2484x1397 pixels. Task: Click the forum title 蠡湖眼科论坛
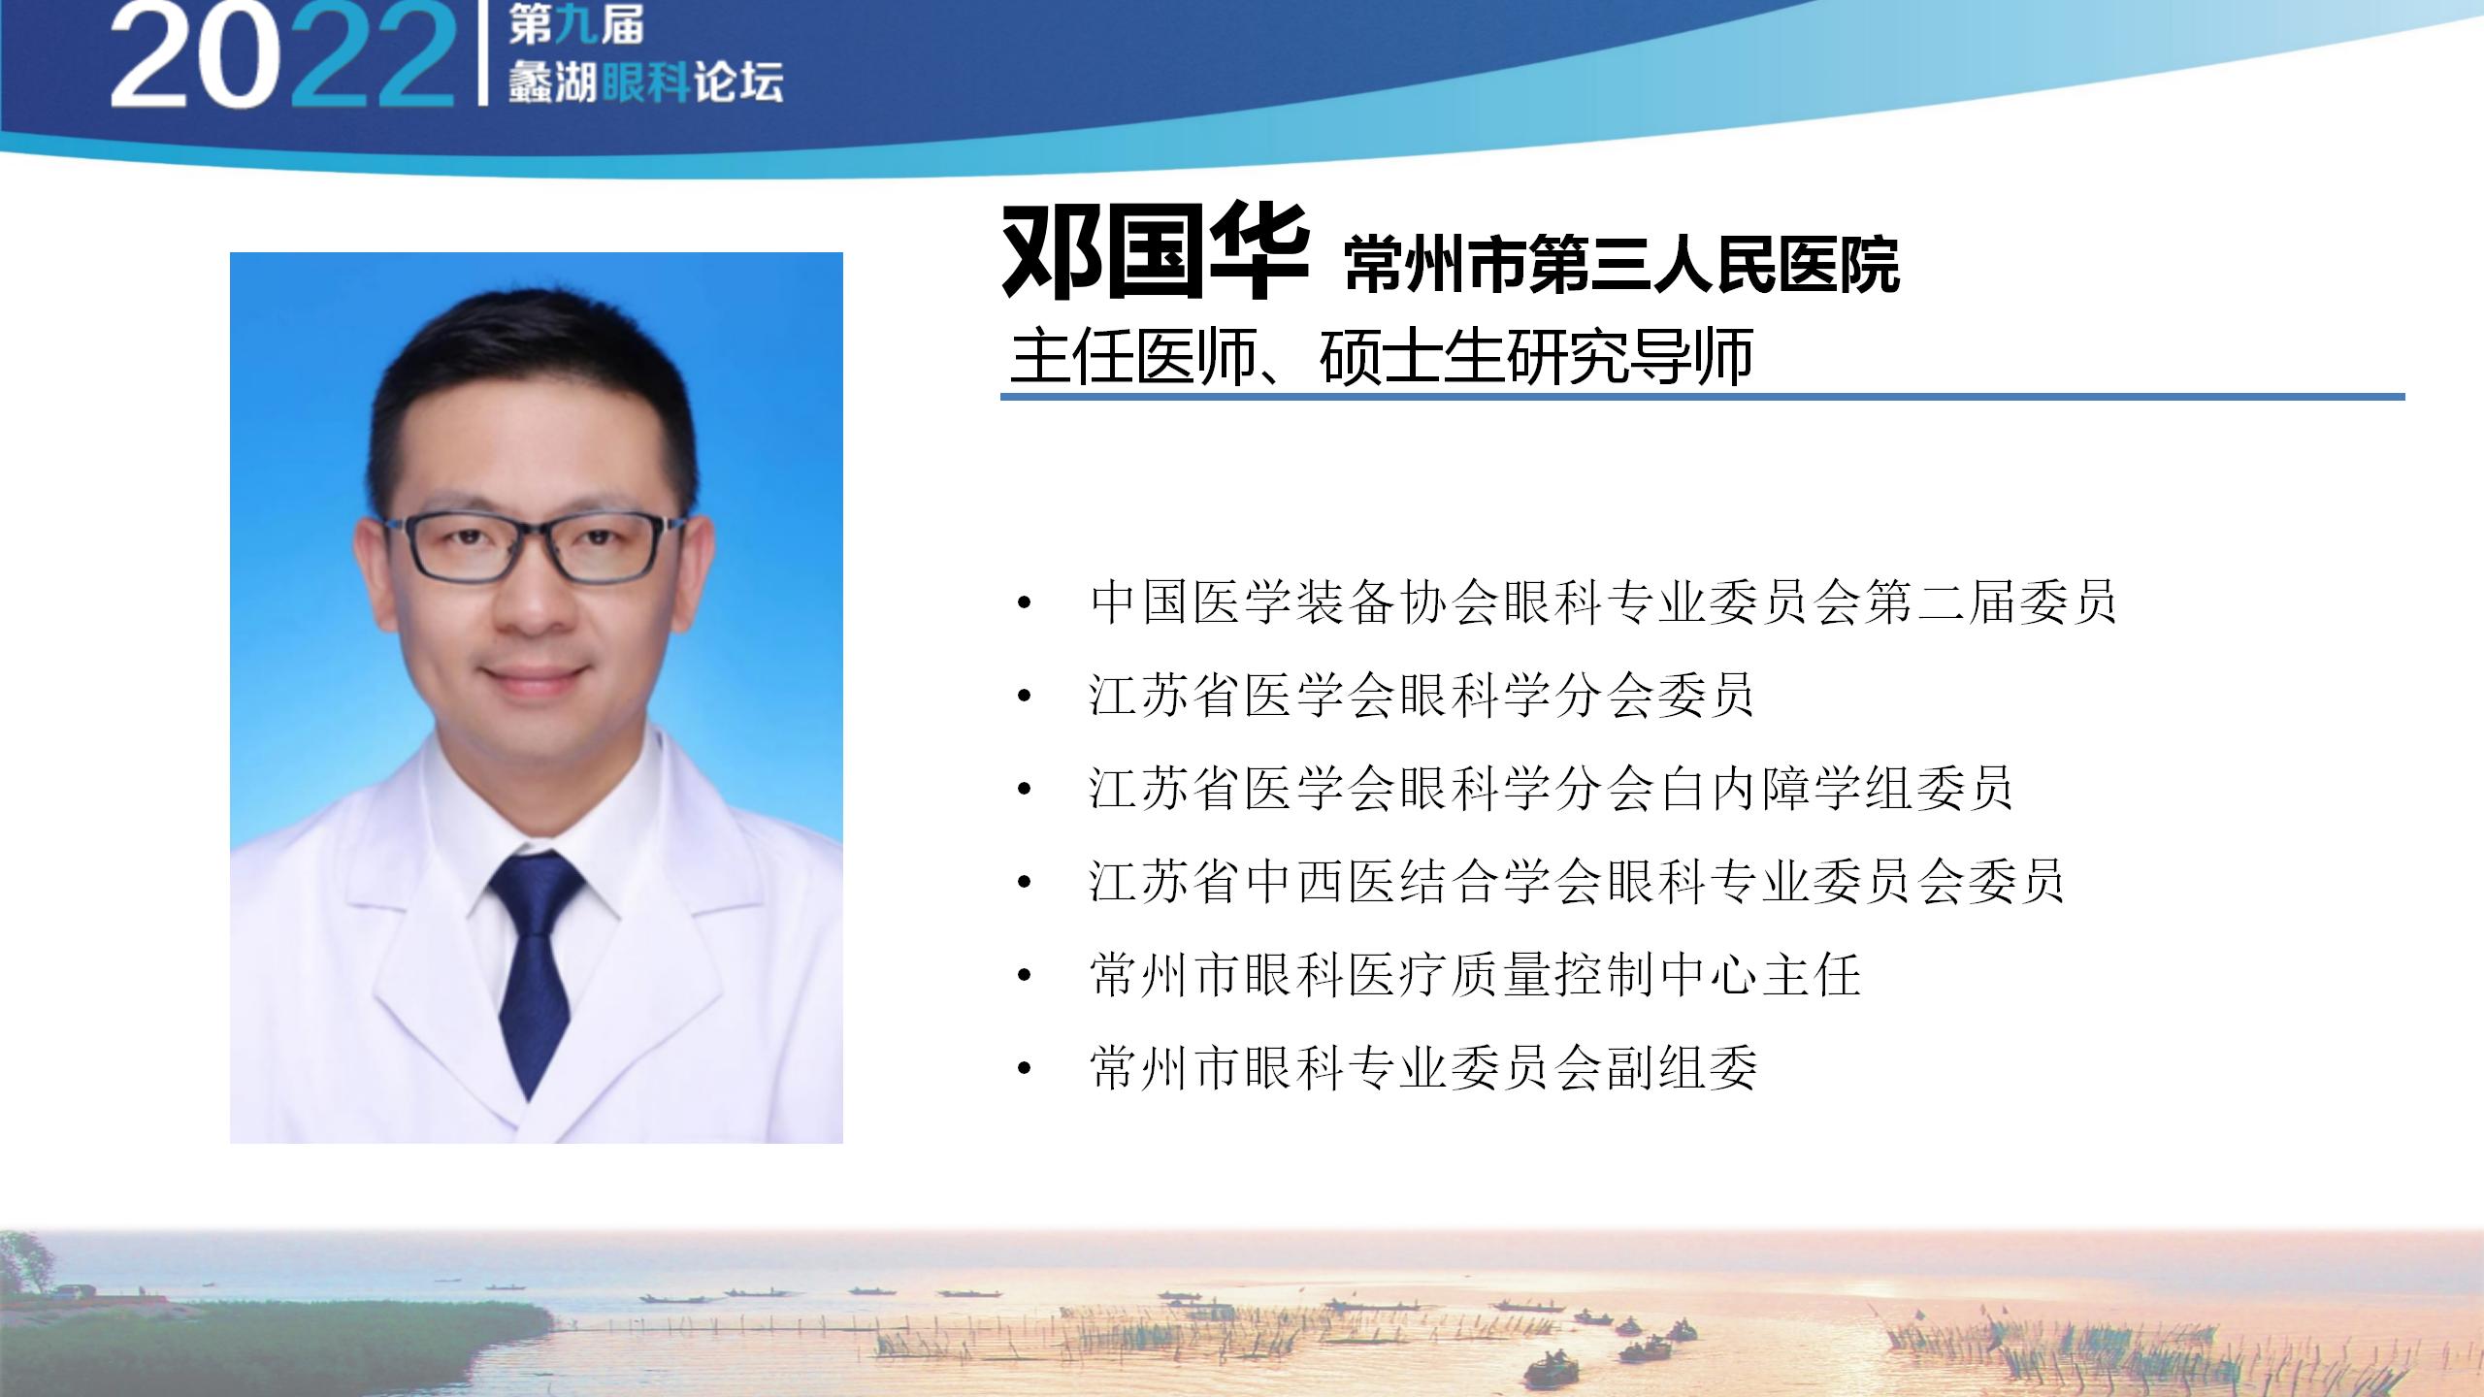pos(646,83)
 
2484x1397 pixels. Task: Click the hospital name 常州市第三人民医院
pos(1621,264)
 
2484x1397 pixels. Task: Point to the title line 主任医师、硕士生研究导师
pos(1382,357)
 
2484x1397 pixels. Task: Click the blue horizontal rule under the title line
pos(1703,397)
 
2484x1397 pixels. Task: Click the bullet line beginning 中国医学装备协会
pos(1603,602)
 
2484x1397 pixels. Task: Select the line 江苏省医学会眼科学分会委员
pos(1422,696)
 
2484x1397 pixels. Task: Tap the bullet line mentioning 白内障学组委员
pos(1551,789)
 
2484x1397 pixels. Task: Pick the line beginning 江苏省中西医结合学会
pos(1577,882)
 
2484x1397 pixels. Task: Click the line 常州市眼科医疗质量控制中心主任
pos(1475,975)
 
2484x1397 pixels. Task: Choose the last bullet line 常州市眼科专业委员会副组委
pos(1423,1068)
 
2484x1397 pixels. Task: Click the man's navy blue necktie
pos(537,970)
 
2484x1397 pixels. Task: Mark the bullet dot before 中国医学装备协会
pos(1024,604)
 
